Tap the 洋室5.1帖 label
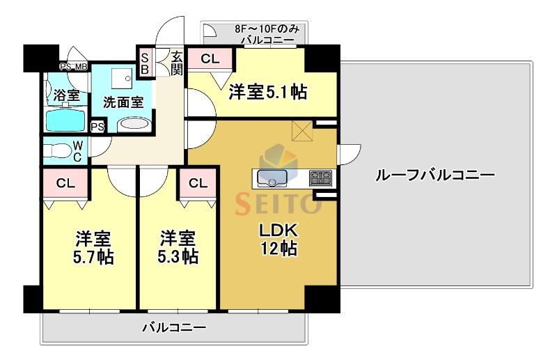(x=268, y=92)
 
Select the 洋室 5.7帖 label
(x=93, y=248)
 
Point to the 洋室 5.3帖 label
(x=178, y=247)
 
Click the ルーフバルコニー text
(x=435, y=175)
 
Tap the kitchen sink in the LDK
(x=272, y=178)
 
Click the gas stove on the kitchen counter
(x=321, y=178)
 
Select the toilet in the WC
(x=61, y=150)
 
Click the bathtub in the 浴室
(x=66, y=120)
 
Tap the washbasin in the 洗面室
(x=134, y=124)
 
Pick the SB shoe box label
(x=145, y=63)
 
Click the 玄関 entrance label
(x=177, y=63)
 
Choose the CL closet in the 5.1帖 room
(x=210, y=58)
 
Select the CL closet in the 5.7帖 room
(x=65, y=183)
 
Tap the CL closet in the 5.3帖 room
(x=198, y=183)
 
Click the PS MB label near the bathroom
(x=74, y=67)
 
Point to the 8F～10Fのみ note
(x=267, y=29)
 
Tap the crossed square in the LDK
(x=302, y=131)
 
